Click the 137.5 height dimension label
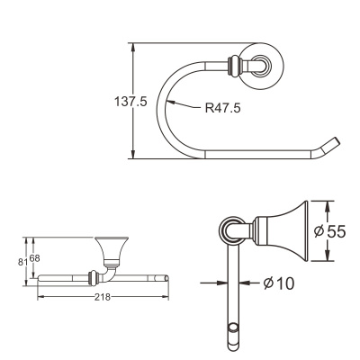130,102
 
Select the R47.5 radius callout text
222,108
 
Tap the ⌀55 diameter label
329,231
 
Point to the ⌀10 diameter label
279,283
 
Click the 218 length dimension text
103,297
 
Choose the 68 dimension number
34,258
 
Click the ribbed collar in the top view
234,66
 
